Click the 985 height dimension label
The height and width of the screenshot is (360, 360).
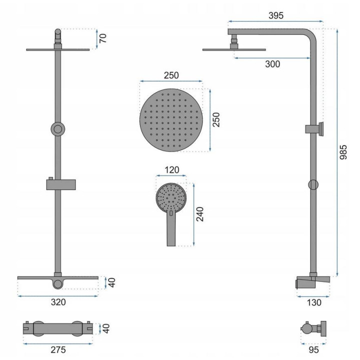click(x=343, y=152)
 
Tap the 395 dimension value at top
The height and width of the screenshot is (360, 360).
click(x=276, y=15)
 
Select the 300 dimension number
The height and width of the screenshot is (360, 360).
click(x=272, y=64)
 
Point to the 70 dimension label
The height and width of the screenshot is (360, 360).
click(x=103, y=38)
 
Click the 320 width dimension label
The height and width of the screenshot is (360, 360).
click(x=58, y=302)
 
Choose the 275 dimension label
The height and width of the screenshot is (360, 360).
click(x=58, y=349)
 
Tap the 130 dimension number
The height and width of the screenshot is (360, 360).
click(x=314, y=302)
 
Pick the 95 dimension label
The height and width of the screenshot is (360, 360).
click(x=313, y=350)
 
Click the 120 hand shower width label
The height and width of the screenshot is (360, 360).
click(x=172, y=170)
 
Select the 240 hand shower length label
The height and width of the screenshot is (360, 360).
click(x=199, y=214)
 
